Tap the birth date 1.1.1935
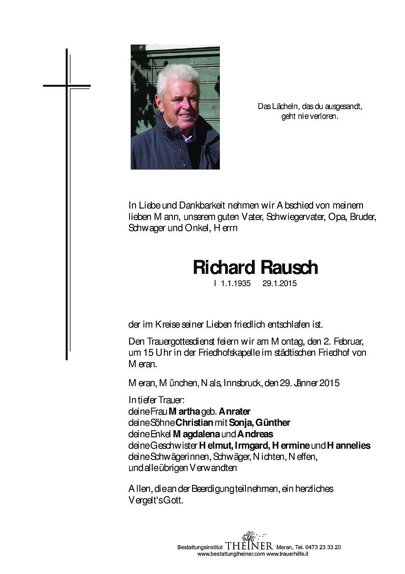point(235,284)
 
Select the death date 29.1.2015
point(279,284)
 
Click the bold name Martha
point(184,411)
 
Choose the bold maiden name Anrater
point(235,411)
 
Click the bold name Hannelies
point(348,446)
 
